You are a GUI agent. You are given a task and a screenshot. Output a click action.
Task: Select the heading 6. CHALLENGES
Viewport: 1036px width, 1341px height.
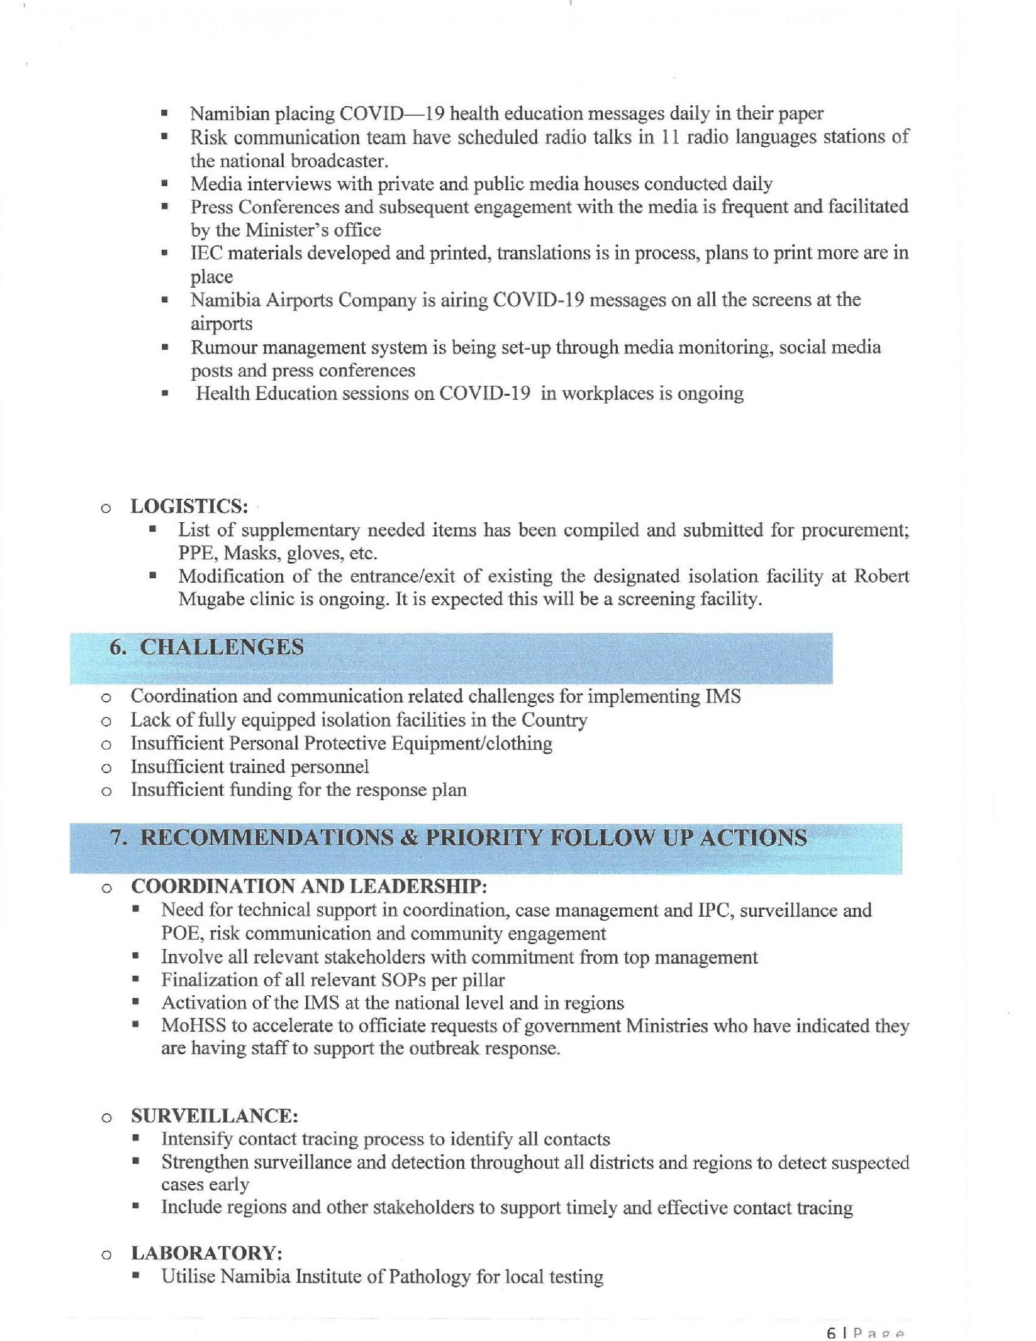coord(206,647)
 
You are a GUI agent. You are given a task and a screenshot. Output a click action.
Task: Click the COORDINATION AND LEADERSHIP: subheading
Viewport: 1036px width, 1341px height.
coord(309,887)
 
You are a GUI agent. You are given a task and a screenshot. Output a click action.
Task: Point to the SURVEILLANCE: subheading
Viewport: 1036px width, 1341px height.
coord(215,1116)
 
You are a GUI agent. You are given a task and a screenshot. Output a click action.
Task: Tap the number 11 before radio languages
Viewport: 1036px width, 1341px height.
coord(669,137)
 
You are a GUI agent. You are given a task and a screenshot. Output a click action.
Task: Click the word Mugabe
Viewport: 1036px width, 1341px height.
coord(208,599)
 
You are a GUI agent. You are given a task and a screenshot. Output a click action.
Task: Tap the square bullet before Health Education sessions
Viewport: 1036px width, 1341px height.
coord(164,394)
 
